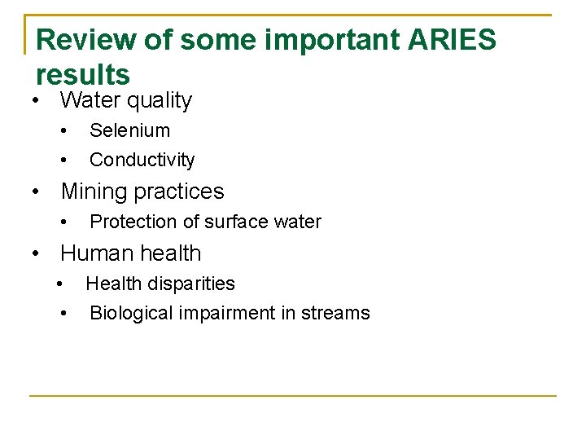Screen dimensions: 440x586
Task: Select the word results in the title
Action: tap(83, 75)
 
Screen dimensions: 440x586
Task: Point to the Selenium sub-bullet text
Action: tap(129, 130)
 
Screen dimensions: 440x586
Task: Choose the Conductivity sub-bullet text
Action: tap(142, 160)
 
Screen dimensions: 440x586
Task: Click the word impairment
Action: tap(222, 313)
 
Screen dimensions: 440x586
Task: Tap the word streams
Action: tap(334, 313)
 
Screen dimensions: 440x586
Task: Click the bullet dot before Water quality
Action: tap(37, 101)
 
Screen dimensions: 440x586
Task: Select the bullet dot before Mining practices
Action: tap(37, 191)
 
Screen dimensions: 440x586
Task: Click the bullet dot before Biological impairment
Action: tap(63, 314)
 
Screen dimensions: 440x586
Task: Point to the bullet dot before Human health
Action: tap(37, 253)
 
